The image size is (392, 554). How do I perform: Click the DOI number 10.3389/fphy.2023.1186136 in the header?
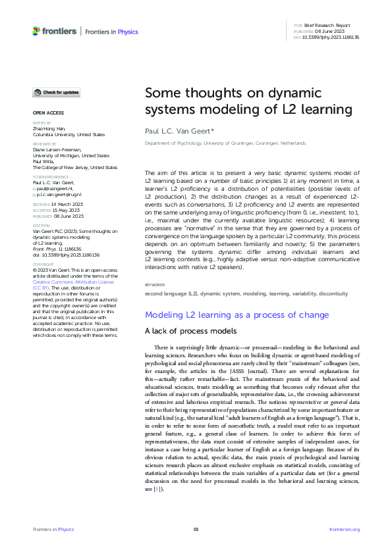(x=331, y=38)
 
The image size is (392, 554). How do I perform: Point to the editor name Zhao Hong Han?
(x=51, y=129)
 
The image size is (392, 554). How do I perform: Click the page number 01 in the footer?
(x=196, y=530)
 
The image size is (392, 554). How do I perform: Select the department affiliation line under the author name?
(x=225, y=143)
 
